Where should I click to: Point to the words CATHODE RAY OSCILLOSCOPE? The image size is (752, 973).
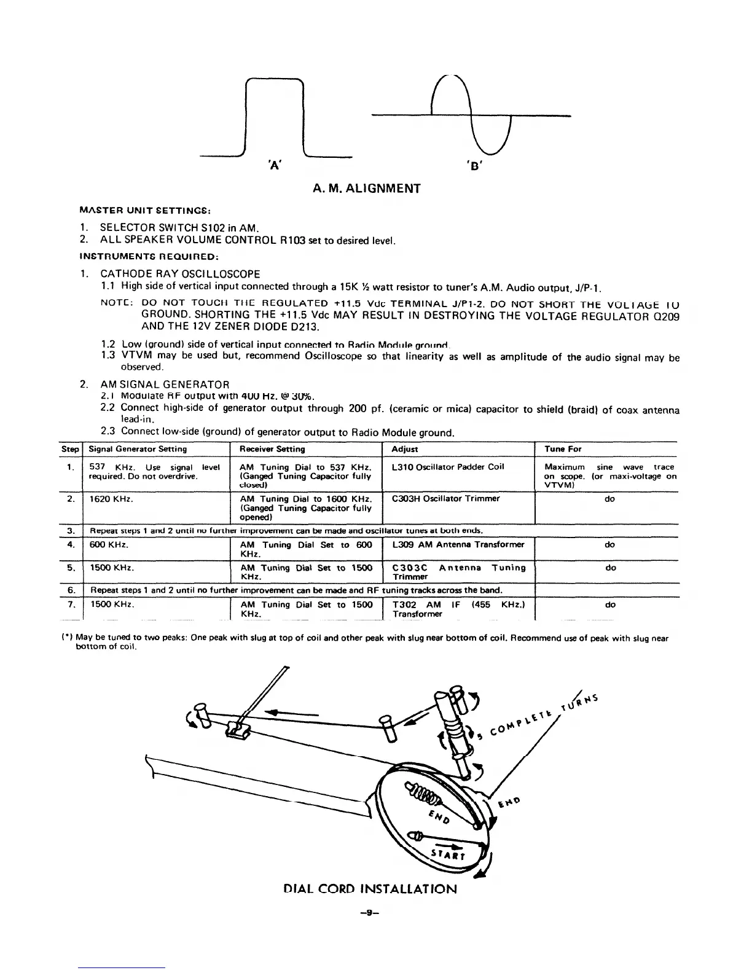(x=180, y=274)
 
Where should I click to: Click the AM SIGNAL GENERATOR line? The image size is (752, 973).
(x=165, y=385)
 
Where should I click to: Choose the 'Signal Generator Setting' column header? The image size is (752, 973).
(x=138, y=449)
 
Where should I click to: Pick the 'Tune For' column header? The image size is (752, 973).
(x=558, y=449)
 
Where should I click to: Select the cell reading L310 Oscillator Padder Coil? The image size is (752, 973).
(x=447, y=466)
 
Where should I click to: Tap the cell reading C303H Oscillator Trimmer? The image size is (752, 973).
(x=445, y=498)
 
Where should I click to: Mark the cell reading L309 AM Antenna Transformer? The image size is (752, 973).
(x=458, y=544)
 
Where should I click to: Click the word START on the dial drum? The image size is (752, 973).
(x=448, y=856)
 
